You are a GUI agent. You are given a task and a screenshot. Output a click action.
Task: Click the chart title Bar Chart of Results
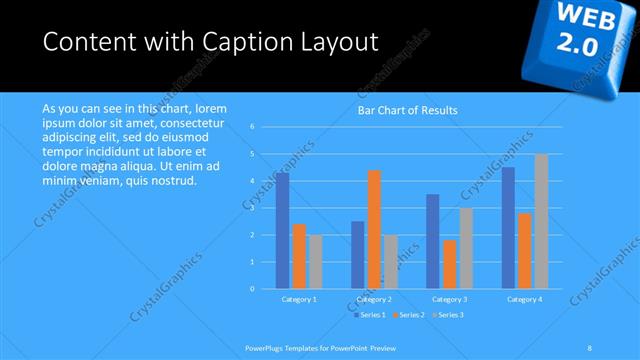click(x=407, y=110)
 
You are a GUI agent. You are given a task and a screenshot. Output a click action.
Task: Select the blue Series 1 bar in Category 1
click(x=283, y=230)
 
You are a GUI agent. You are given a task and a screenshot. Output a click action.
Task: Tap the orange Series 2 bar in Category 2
click(x=374, y=229)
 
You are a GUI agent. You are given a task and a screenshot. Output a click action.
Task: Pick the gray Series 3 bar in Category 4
click(x=541, y=221)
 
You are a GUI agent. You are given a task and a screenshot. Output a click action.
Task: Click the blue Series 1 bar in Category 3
click(x=433, y=241)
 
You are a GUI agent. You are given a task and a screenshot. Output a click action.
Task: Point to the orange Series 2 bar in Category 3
click(x=449, y=264)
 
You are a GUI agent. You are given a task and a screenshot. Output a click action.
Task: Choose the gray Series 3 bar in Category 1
click(x=316, y=261)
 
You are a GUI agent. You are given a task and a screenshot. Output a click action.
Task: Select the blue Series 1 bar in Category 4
click(x=508, y=227)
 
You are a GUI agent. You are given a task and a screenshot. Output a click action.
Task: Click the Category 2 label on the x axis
click(x=374, y=299)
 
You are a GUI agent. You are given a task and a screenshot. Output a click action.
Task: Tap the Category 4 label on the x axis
click(x=525, y=299)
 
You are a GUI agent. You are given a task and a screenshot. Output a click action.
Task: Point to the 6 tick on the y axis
click(x=253, y=127)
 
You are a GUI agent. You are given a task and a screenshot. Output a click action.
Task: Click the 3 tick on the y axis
click(x=253, y=208)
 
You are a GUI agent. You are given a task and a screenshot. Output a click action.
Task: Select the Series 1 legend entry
click(x=370, y=315)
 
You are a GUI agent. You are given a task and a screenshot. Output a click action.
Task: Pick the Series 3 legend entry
click(x=448, y=315)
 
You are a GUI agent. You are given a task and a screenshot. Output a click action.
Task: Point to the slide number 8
click(x=590, y=346)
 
